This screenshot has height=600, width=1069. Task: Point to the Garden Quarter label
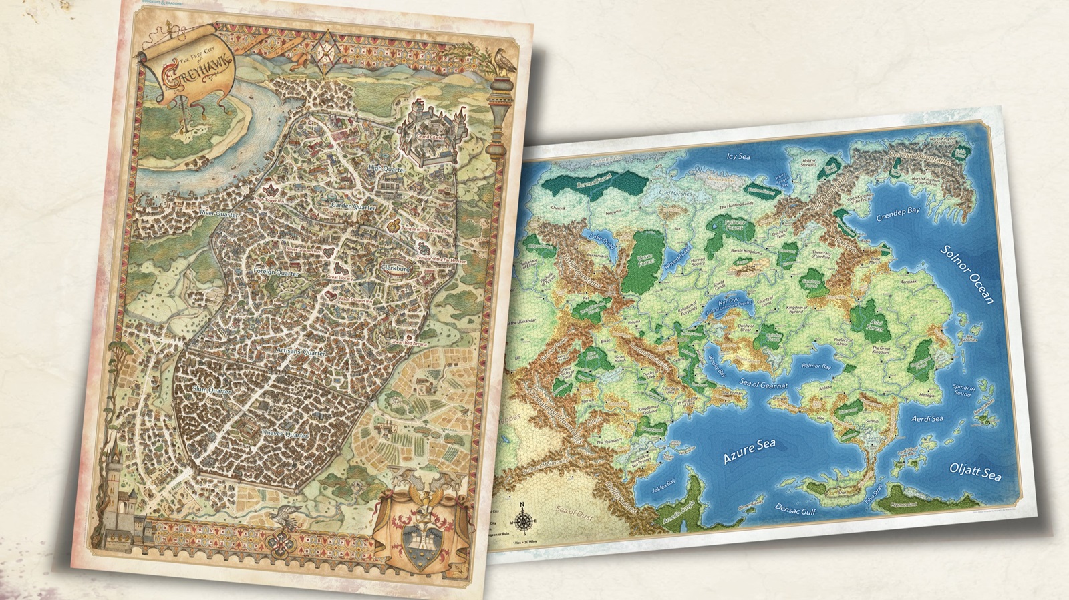pos(353,207)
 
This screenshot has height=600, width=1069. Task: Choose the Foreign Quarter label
pos(275,272)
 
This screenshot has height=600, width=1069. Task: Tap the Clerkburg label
pos(398,268)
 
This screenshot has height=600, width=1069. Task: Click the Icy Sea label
pos(738,157)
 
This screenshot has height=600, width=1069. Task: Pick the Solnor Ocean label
pos(967,274)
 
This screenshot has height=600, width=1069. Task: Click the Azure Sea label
pos(750,452)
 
